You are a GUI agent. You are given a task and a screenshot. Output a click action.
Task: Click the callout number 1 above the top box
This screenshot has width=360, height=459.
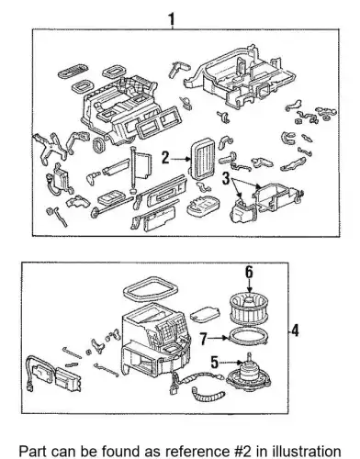tap(172, 19)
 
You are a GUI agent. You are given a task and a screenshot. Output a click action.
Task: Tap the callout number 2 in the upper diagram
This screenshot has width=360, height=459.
tap(165, 158)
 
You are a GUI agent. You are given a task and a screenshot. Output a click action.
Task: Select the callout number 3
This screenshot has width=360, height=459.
tap(226, 178)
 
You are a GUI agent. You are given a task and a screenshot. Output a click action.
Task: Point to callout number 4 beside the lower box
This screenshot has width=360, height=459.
tap(295, 330)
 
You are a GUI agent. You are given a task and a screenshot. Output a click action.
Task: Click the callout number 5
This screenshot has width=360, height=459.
tap(215, 363)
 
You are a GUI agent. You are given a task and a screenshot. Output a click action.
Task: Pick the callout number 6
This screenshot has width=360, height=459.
tap(249, 272)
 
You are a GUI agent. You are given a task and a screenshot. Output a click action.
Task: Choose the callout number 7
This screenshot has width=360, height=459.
tap(205, 339)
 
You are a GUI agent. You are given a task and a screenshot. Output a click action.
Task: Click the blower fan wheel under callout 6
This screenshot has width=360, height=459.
tap(249, 308)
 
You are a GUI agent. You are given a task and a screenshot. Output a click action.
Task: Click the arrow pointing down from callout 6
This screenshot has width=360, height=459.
tap(250, 285)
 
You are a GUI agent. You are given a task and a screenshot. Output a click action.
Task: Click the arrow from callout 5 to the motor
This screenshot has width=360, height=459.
tap(231, 363)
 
